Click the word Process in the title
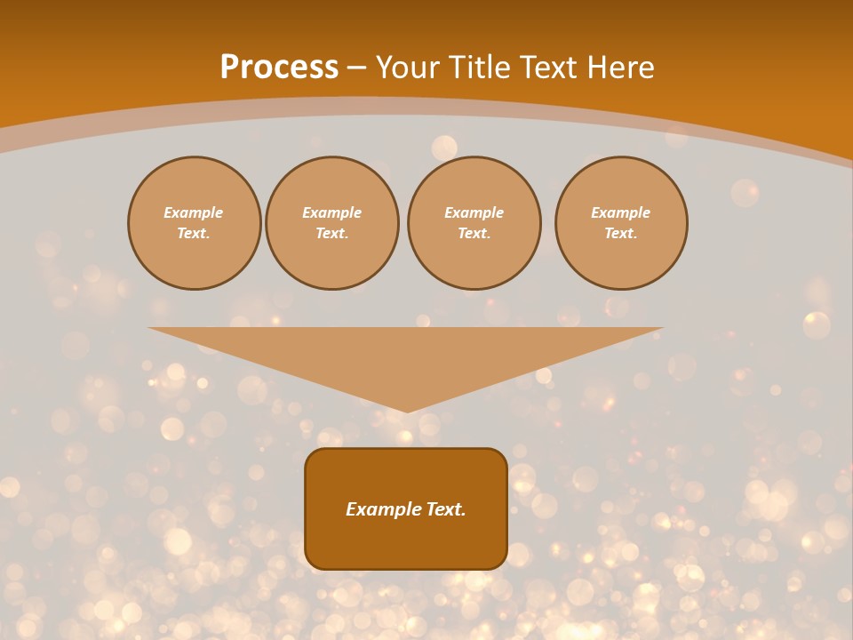click(x=279, y=68)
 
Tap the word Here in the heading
click(x=619, y=68)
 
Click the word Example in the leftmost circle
click(x=194, y=213)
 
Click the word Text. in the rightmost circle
click(x=621, y=234)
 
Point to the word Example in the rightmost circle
click(x=621, y=213)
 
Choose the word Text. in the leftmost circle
click(x=194, y=234)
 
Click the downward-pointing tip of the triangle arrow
click(x=406, y=409)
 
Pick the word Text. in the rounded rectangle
click(x=446, y=509)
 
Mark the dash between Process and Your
click(x=356, y=68)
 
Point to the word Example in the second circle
click(x=332, y=213)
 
